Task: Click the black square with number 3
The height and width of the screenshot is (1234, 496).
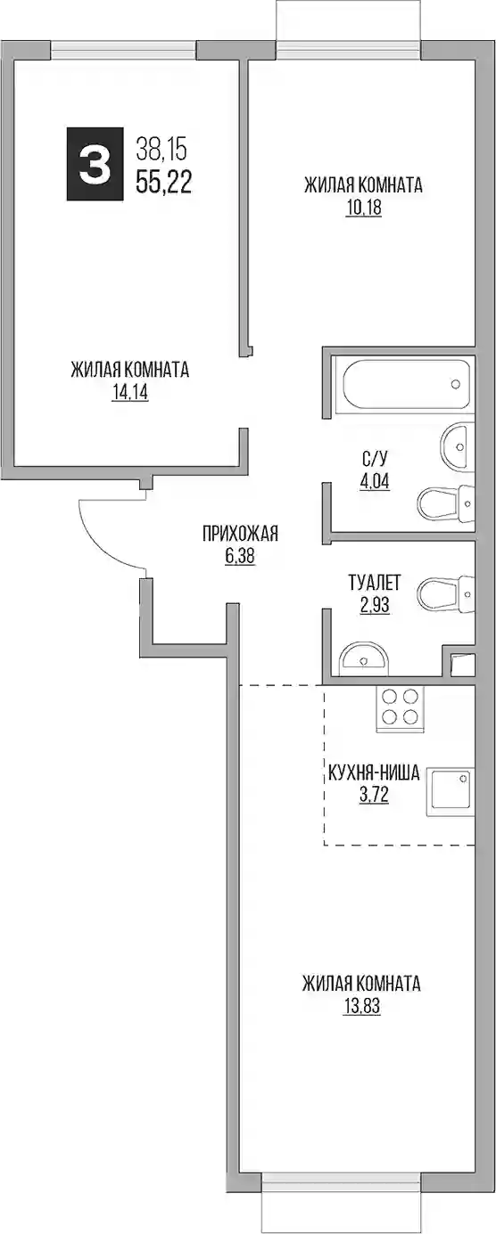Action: tap(95, 163)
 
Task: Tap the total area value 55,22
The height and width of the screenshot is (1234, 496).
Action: tap(164, 181)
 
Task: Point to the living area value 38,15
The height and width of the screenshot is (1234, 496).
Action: tap(162, 148)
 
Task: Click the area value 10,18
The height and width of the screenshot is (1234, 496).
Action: tap(364, 208)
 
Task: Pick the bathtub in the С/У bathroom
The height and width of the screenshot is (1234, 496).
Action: tap(406, 385)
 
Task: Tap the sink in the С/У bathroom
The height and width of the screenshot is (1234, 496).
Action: tap(458, 446)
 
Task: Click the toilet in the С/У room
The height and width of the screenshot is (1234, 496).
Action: tap(446, 503)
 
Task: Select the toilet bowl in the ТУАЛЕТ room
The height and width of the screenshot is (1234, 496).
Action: tap(446, 594)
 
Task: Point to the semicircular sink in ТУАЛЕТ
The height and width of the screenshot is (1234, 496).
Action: tap(364, 658)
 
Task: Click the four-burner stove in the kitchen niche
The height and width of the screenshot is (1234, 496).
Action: tap(400, 708)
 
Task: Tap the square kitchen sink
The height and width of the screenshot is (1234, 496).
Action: tap(451, 792)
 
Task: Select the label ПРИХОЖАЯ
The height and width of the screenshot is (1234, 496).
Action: tap(240, 534)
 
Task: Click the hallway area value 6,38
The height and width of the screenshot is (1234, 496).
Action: tap(239, 556)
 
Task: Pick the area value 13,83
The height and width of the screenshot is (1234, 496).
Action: tap(362, 1007)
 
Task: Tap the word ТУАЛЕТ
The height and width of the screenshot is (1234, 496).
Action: tap(374, 582)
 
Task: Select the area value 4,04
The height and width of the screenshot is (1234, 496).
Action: tap(374, 481)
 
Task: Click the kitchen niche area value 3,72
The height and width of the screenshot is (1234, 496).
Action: tap(374, 796)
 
